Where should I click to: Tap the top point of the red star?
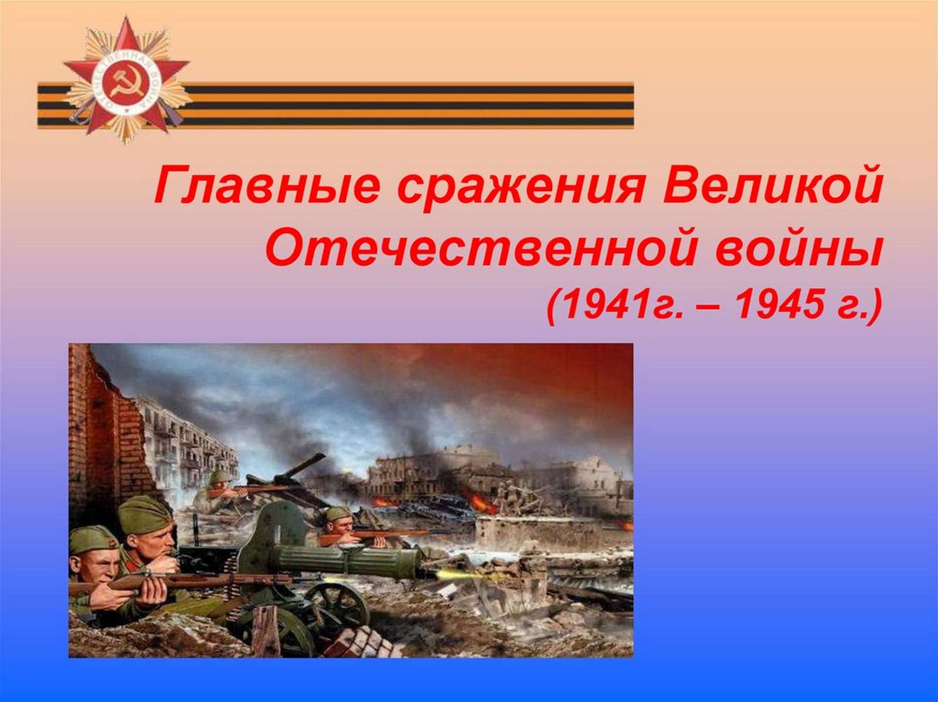click(126, 16)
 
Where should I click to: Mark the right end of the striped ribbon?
click(633, 105)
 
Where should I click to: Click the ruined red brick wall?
click(107, 431)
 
